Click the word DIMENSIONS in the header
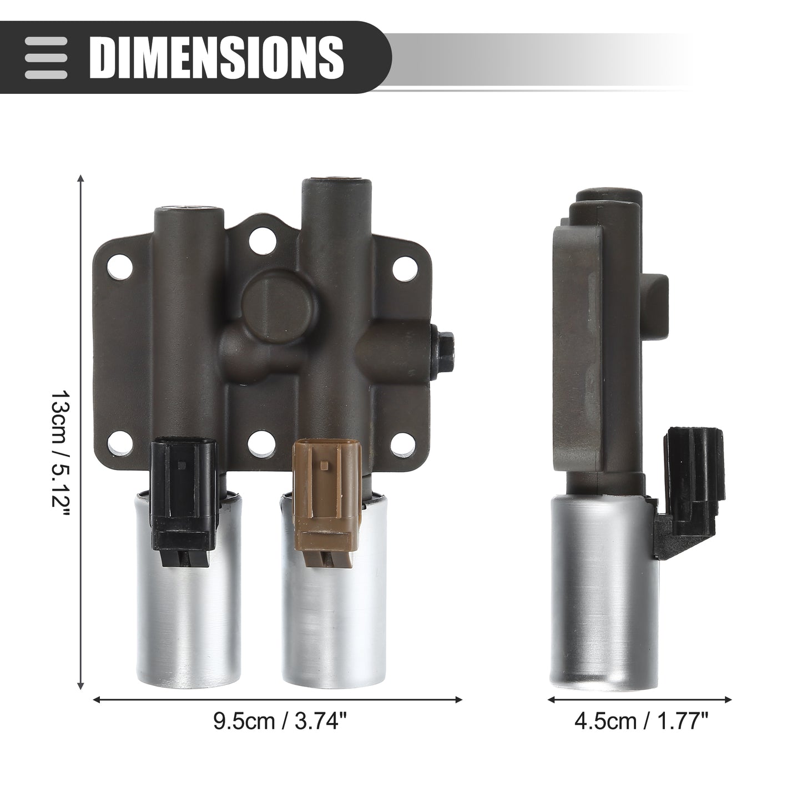(x=216, y=57)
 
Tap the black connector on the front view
(x=184, y=482)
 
